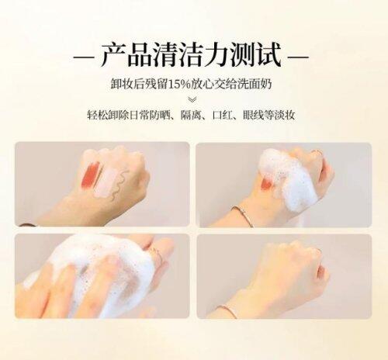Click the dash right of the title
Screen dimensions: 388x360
pos(298,57)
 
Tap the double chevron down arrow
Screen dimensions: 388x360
pos(192,100)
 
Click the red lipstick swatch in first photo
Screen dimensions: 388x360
pos(91,175)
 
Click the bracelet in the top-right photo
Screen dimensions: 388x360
pos(244,215)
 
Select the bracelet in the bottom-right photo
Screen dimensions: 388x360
pos(227,311)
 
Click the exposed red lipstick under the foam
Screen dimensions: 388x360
pos(266,185)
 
